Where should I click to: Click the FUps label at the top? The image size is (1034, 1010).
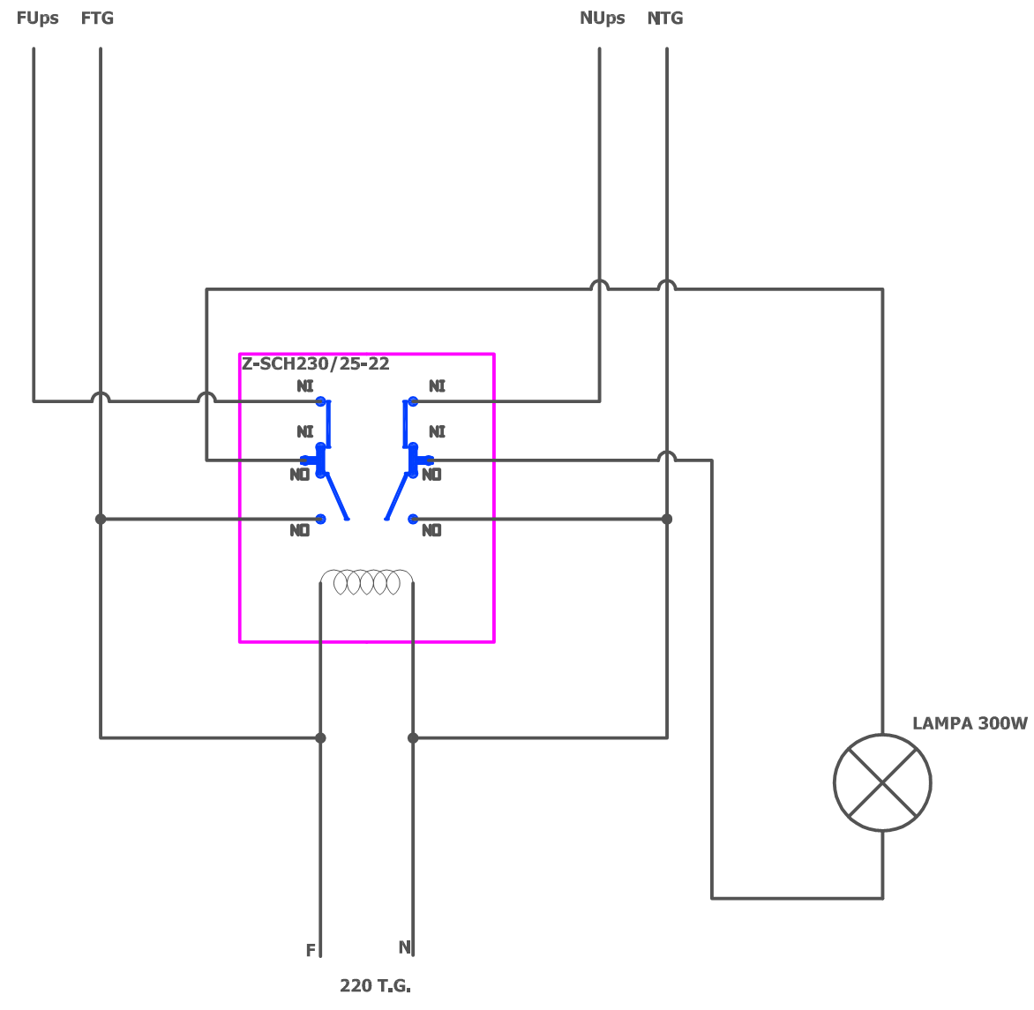coord(37,19)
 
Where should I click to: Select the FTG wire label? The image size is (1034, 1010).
coord(97,19)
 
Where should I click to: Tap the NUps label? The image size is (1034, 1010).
coord(602,19)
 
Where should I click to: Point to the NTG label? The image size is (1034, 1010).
coord(665,19)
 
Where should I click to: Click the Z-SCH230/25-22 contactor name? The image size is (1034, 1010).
coord(316,364)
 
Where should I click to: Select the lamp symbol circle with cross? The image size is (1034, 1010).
coord(882,782)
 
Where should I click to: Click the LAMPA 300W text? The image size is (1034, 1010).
coord(970,724)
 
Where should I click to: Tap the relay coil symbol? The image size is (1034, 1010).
coord(366,582)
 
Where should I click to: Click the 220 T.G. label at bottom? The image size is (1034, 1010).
coord(375,986)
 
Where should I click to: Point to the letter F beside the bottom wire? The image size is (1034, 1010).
coord(311,951)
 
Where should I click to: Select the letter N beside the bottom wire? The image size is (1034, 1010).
coord(404,947)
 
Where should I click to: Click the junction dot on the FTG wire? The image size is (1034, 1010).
coord(101,520)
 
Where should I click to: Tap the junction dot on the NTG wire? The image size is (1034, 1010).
coord(667,520)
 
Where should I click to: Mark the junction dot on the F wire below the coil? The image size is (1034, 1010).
coord(320,737)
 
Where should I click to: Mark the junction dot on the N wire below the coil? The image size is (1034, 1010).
coord(413,737)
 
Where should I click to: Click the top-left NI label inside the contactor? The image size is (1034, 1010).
coord(305,386)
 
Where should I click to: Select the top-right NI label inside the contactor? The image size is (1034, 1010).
coord(437,386)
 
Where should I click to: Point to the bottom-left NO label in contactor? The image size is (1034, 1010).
coord(300,531)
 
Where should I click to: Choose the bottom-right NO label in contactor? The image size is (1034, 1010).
coord(431,531)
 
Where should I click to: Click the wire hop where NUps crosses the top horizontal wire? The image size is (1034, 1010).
coord(600,285)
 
